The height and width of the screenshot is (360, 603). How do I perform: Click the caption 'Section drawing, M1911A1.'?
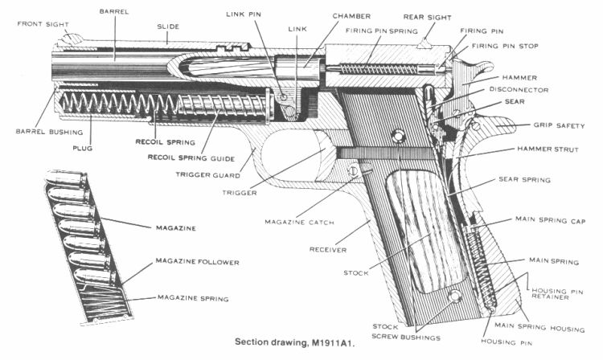(x=297, y=342)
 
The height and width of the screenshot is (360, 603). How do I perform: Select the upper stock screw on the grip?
(x=396, y=135)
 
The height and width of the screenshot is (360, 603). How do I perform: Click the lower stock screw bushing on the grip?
(x=456, y=297)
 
